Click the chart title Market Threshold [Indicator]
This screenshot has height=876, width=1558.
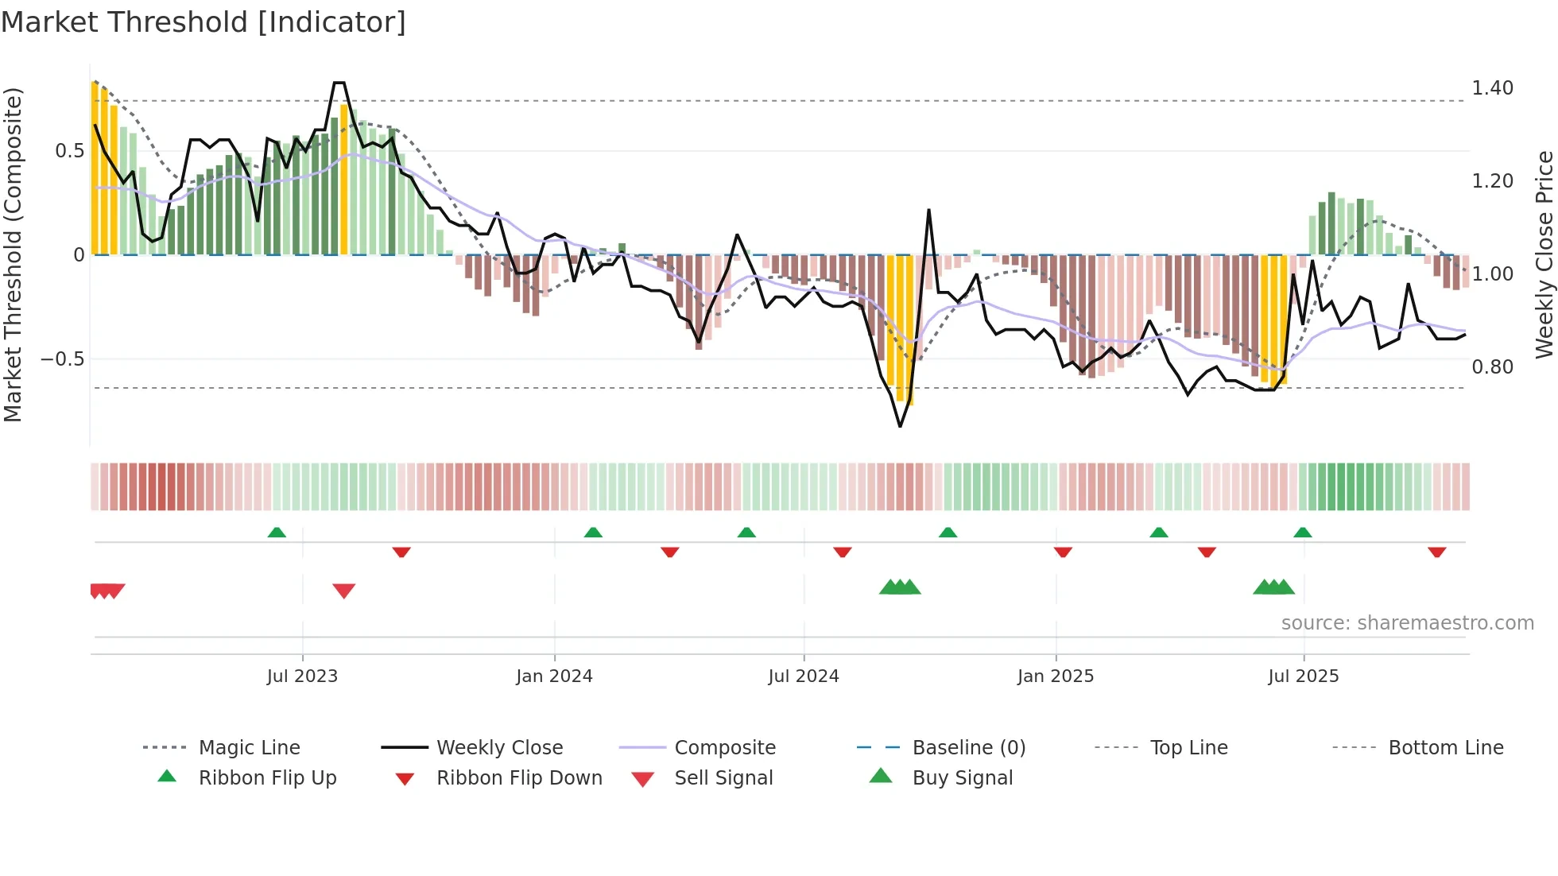tap(203, 22)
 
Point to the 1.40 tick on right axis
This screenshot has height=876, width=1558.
tap(1492, 88)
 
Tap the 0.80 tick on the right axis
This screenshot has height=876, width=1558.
tap(1492, 367)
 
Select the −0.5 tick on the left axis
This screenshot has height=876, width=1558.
tap(62, 359)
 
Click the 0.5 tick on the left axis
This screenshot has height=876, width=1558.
tap(69, 151)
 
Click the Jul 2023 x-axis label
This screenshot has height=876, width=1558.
tap(302, 676)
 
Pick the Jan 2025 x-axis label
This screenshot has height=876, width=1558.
tap(1055, 676)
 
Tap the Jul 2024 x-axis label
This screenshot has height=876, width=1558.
tap(803, 676)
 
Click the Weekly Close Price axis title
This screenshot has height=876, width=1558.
tap(1544, 254)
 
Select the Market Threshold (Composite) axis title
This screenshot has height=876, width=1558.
tap(14, 254)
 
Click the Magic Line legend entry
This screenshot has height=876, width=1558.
tap(249, 748)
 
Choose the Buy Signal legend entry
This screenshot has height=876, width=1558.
tap(962, 778)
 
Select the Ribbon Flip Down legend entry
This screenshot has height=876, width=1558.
tap(519, 778)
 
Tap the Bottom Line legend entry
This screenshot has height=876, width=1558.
tap(1445, 748)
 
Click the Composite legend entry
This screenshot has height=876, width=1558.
tap(724, 748)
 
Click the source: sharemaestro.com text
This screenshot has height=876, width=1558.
tap(1407, 623)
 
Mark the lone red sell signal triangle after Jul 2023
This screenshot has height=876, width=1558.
tap(343, 591)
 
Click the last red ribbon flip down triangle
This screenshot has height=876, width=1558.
tap(1436, 552)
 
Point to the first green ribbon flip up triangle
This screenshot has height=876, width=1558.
tap(277, 533)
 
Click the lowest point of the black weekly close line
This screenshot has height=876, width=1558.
tap(900, 426)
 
